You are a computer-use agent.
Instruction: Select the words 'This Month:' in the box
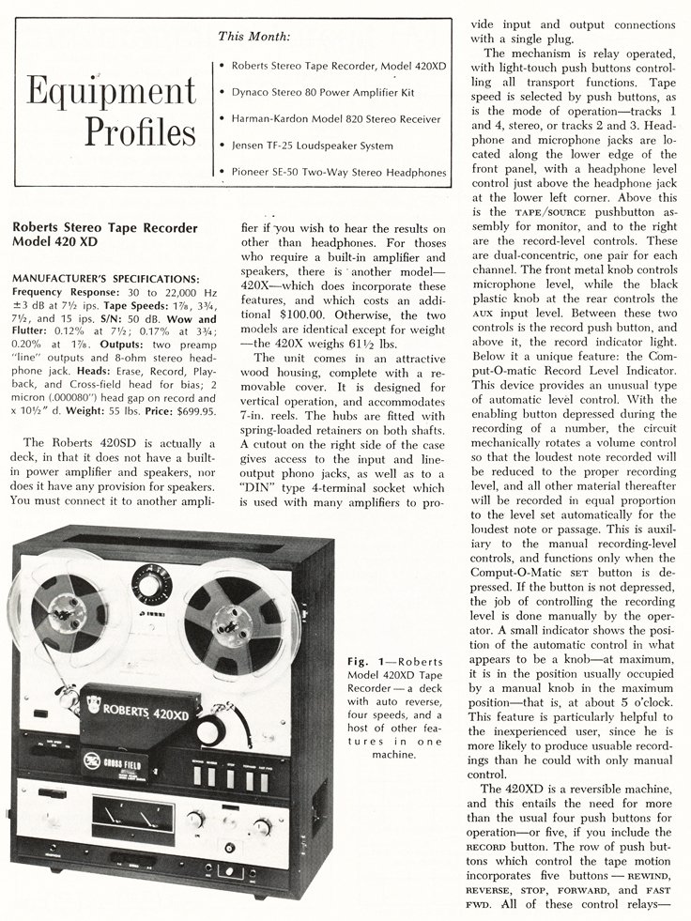point(253,37)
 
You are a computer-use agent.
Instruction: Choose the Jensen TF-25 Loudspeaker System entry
point(311,146)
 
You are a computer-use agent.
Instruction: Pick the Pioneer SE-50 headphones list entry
point(337,172)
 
